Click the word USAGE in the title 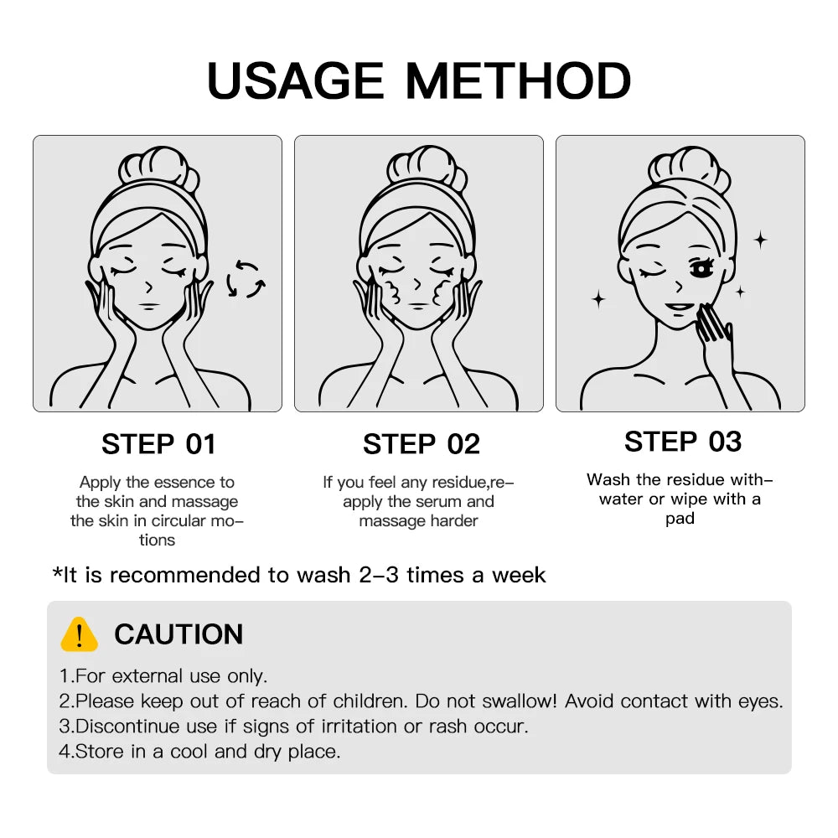pos(295,80)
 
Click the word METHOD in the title pos(518,80)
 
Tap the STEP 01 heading pos(158,444)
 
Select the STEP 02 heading pos(422,444)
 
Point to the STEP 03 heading pos(683,442)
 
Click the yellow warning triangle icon pos(79,634)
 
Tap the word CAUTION pos(179,634)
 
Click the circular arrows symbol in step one pos(246,279)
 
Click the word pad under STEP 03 pos(680,519)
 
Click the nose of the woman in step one pos(149,287)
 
